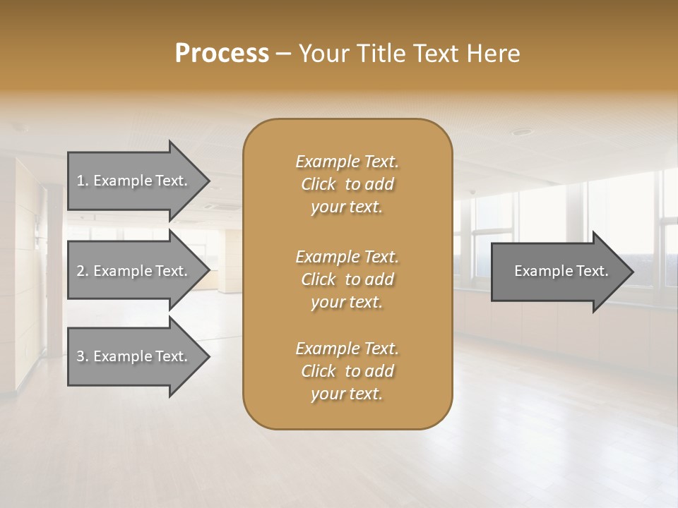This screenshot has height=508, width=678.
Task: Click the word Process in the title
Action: point(222,54)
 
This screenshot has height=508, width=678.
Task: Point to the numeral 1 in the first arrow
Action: point(81,181)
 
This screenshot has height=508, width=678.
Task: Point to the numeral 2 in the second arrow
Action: point(81,271)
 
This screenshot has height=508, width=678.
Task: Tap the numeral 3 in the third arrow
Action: point(81,356)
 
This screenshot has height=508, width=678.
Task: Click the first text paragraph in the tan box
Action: point(347,184)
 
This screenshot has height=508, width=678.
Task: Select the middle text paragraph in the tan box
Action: point(347,279)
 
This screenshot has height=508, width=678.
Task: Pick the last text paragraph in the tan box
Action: point(347,371)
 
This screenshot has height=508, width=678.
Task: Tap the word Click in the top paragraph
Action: point(319,184)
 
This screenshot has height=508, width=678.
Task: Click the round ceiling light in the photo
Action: point(521,132)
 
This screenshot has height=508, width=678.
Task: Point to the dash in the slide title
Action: point(284,54)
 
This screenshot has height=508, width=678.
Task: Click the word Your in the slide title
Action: point(325,54)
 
